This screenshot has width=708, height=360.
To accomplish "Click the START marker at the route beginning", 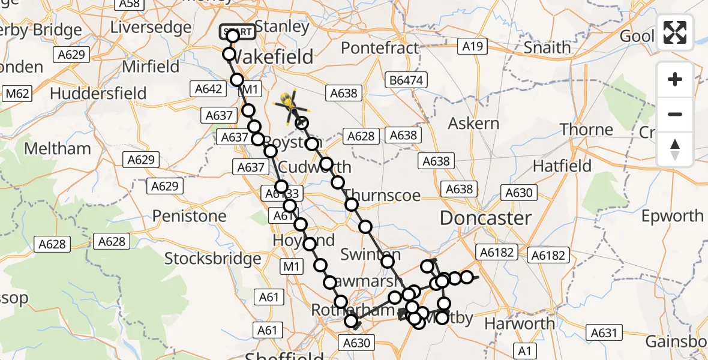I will [237, 32].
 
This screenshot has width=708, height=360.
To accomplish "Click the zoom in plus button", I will [675, 79].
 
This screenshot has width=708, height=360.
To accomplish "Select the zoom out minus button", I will [675, 114].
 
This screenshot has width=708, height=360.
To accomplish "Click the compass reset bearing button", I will [675, 149].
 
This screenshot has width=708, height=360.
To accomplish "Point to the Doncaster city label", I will [485, 218].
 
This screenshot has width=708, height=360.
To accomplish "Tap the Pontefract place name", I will [380, 48].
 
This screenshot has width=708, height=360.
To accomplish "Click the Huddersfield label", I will [98, 94].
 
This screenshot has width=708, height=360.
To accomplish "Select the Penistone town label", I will [190, 216].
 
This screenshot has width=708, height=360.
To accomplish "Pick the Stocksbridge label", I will [212, 259].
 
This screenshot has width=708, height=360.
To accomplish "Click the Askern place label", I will [474, 124].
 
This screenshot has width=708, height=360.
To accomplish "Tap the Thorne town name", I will [586, 130].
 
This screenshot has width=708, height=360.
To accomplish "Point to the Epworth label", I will [672, 216].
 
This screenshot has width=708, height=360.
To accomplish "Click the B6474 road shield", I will [405, 79].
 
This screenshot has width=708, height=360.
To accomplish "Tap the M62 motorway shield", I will [17, 94].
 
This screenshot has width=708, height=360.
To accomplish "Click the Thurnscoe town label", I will [383, 196].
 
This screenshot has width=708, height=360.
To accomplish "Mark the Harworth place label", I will [519, 324].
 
